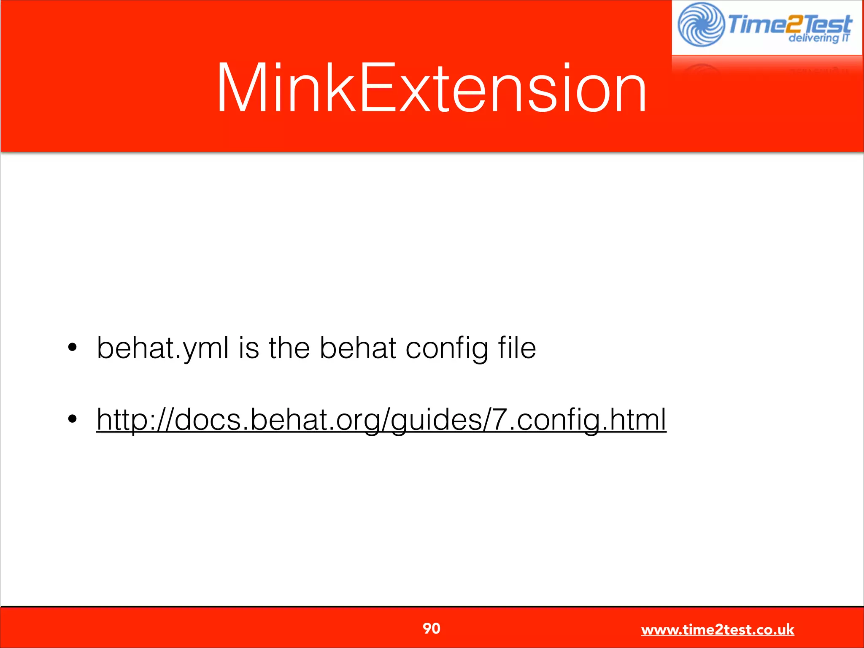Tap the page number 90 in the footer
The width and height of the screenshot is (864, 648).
431,628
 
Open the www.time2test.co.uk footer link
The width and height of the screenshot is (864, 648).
718,629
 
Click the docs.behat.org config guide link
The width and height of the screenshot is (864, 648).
381,419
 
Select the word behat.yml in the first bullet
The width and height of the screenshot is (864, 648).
163,348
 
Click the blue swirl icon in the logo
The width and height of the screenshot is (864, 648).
701,24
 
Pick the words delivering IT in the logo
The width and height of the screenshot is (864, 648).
818,38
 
